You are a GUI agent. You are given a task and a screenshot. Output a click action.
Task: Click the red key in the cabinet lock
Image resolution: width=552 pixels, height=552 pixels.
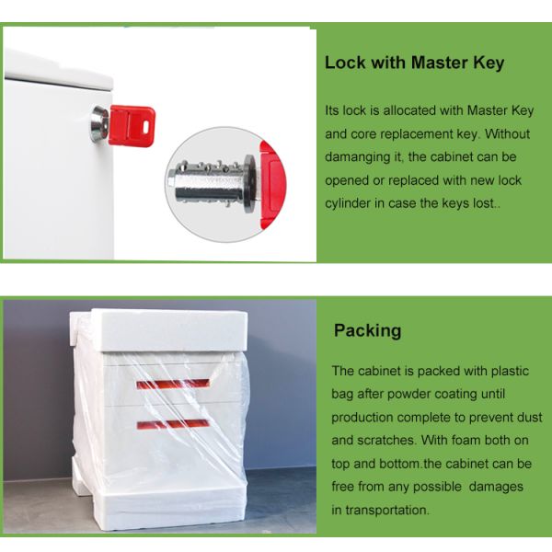pos(132,126)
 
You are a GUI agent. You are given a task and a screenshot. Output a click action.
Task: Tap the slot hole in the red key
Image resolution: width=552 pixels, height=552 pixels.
pos(145,127)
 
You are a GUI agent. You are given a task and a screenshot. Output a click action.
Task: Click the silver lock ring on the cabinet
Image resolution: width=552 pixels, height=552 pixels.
pos(99,124)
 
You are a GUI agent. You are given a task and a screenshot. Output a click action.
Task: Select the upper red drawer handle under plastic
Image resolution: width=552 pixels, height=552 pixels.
pos(173,384)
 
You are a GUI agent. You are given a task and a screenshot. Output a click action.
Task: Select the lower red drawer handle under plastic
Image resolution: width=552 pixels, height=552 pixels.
pos(173,424)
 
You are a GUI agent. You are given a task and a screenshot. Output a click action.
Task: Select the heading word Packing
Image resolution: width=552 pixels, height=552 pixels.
pos(367,331)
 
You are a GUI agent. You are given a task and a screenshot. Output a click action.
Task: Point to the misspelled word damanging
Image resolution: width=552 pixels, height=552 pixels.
pos(362,157)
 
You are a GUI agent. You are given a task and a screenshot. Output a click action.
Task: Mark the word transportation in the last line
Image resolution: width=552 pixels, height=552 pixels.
pos(387,510)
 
